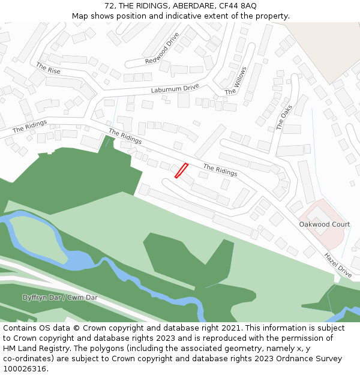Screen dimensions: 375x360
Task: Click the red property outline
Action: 181,170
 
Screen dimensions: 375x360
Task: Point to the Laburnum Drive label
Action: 175,89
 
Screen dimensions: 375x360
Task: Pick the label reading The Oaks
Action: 284,116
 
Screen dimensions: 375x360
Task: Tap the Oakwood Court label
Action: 325,224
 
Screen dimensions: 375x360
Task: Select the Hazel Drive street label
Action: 338,265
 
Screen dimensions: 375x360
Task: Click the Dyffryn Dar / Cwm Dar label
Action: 60,298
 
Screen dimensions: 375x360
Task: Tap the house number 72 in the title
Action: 109,6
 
